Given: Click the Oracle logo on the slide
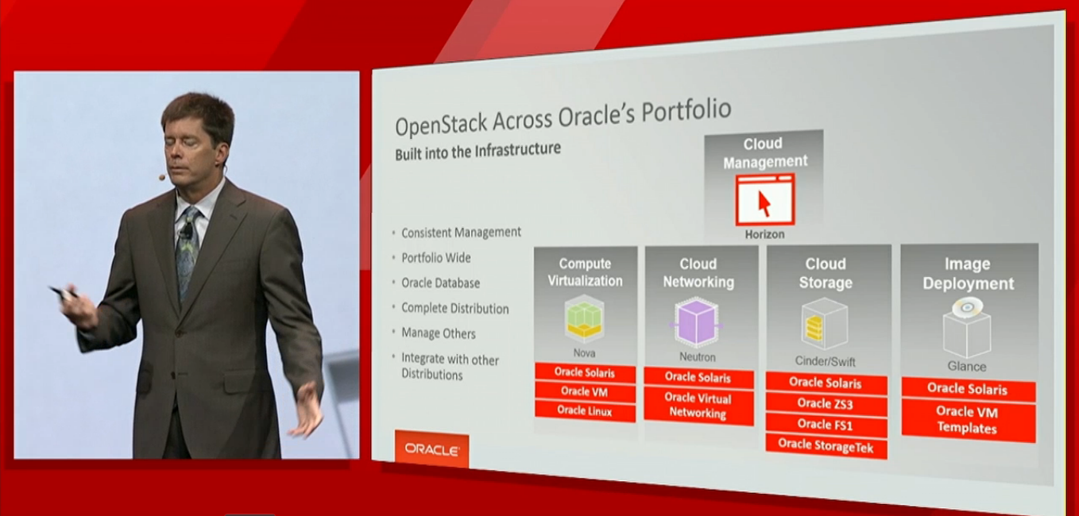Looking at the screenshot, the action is point(431,449).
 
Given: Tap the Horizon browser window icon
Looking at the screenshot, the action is point(765,200).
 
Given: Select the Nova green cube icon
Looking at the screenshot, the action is point(584,319).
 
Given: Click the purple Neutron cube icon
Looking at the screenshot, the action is point(697,322).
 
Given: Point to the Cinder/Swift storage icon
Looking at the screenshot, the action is point(824,324).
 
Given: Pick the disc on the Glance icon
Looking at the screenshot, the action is point(967,307).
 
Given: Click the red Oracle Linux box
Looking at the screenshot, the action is point(585,411).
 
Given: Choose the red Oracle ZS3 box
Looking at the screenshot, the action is point(826,403).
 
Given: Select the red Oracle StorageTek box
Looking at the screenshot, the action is point(826,446).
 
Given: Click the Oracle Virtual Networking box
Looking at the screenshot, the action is point(698,406).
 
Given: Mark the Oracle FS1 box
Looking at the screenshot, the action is point(826,425).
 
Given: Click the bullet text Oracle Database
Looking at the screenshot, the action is point(440,283).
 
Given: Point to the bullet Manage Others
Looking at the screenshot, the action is point(439,333).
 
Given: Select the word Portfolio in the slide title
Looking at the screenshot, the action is point(686,110).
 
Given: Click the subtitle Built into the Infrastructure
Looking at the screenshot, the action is point(478,151).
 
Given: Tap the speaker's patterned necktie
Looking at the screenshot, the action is point(188,250).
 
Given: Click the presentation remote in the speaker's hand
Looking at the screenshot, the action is point(64,291).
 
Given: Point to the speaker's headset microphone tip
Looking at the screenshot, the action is point(162,178).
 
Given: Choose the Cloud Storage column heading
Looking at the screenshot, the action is point(826,273).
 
